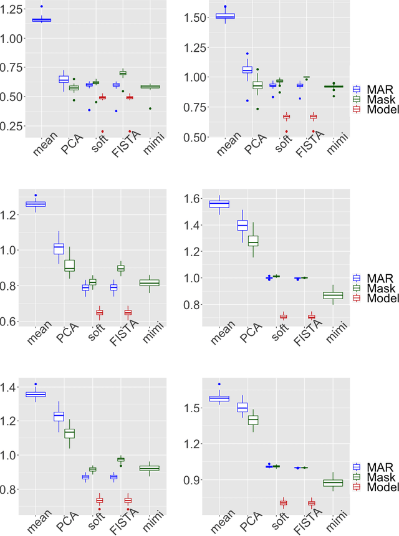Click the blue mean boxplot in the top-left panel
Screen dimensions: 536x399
(42, 20)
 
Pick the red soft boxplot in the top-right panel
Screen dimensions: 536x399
(286, 117)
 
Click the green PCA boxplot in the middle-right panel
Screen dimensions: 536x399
(253, 241)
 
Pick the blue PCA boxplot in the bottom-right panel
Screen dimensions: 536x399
(243, 407)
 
